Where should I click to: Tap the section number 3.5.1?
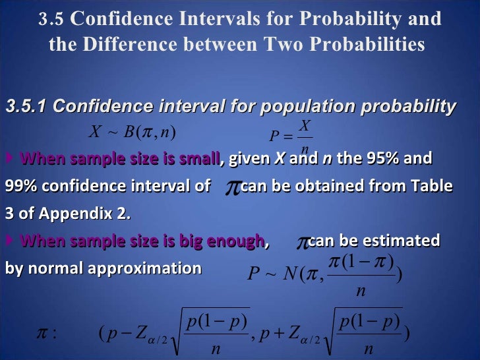(x=26, y=106)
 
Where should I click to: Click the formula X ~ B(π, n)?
(x=132, y=131)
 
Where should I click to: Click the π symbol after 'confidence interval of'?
(x=232, y=188)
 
